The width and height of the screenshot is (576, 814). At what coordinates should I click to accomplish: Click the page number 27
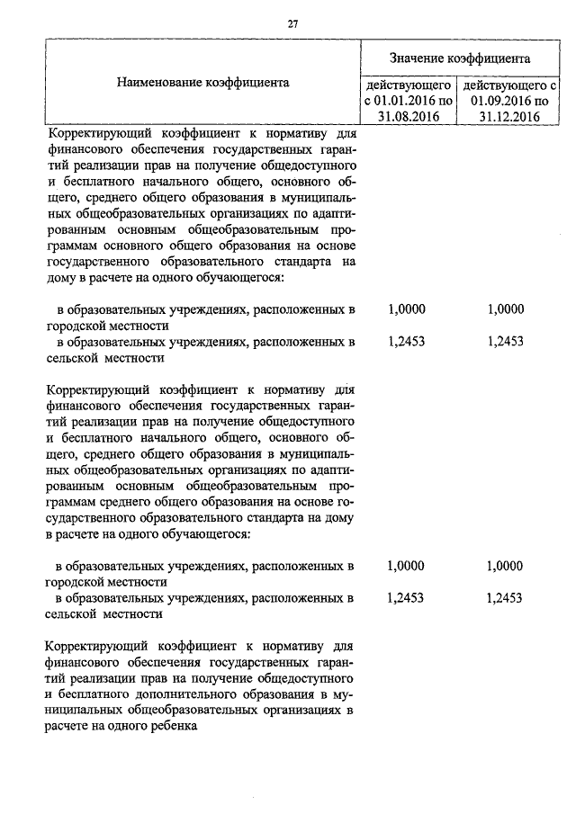(x=292, y=24)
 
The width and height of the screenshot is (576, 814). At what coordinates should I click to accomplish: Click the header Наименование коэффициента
(x=202, y=82)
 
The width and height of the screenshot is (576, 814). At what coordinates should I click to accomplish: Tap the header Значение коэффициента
(x=459, y=58)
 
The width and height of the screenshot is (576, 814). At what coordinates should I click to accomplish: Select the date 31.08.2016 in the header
(x=409, y=116)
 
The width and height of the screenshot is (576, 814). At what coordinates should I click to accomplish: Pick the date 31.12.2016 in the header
(x=509, y=116)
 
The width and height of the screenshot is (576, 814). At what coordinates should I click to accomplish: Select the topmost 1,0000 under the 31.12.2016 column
(x=504, y=309)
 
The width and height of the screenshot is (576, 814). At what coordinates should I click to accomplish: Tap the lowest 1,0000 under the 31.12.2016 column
(x=504, y=566)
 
